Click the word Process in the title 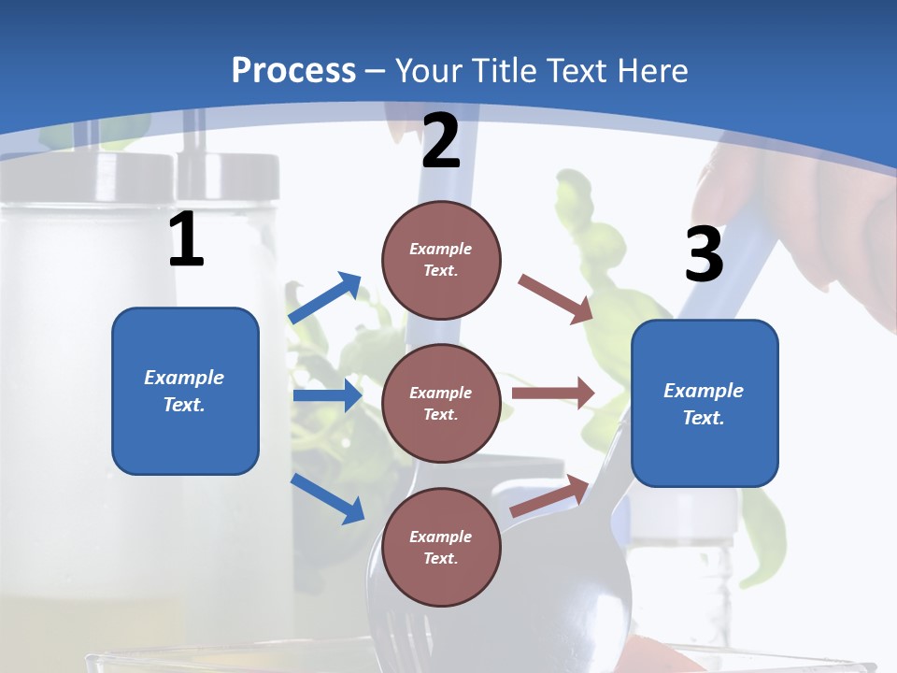(x=293, y=70)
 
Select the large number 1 (x=186, y=240)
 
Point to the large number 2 (x=441, y=142)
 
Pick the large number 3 (x=704, y=254)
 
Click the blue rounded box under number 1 (x=185, y=391)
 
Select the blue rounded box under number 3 (x=705, y=403)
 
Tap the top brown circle (x=441, y=260)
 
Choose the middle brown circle (x=441, y=403)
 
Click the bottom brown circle (x=441, y=547)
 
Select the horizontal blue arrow (x=327, y=396)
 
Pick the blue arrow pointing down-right (x=328, y=498)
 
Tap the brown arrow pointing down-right (x=556, y=298)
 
